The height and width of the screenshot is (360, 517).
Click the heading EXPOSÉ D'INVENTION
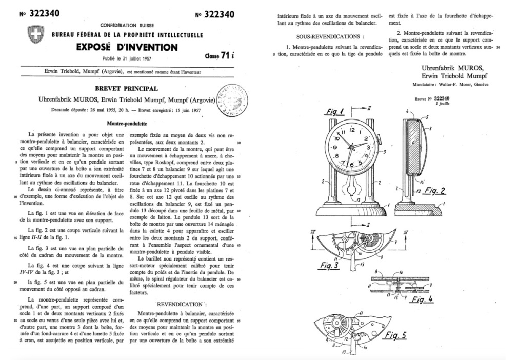[128, 48]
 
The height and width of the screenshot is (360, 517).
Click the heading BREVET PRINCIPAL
[129, 88]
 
